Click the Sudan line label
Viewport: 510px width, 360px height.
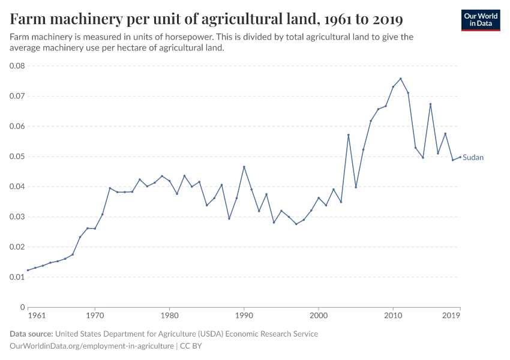point(473,158)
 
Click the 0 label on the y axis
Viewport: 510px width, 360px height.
point(22,307)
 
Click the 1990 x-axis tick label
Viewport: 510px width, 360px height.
point(244,314)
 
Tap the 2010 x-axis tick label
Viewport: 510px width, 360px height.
point(393,314)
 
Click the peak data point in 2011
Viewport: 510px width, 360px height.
point(401,79)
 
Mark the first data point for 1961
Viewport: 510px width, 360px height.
point(28,270)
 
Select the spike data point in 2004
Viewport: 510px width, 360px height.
point(349,135)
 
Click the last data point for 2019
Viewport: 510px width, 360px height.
point(460,157)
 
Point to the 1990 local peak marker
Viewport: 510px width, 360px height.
point(244,167)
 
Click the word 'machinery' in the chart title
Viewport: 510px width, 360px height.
point(83,19)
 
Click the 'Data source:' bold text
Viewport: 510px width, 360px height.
point(31,334)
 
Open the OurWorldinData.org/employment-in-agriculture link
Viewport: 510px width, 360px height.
point(91,346)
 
